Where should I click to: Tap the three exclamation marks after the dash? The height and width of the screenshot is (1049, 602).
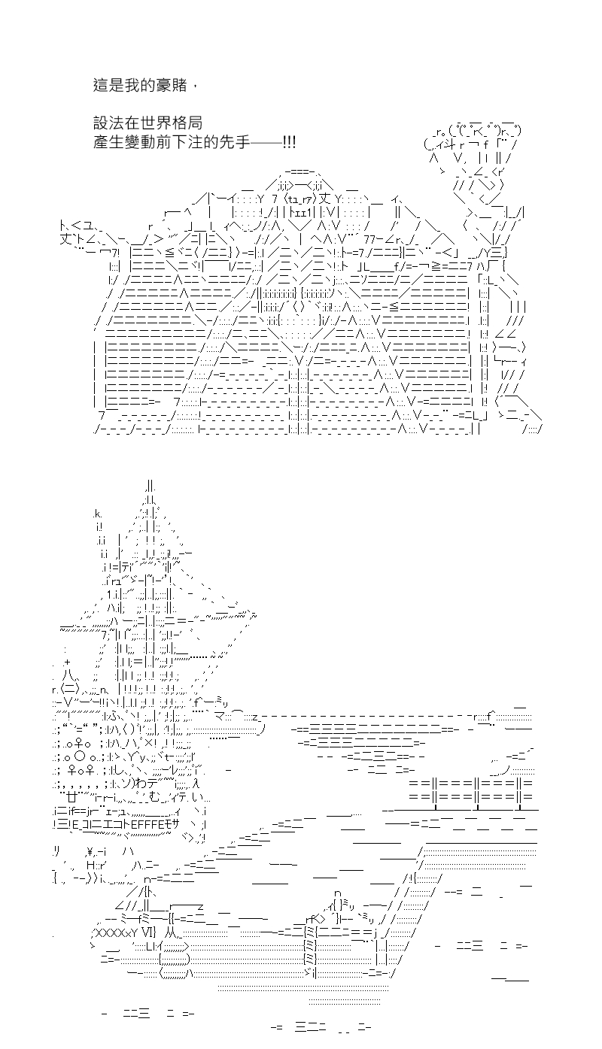(290, 142)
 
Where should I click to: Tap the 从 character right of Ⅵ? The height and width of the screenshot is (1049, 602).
(171, 932)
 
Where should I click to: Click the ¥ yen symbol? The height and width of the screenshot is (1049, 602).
(90, 851)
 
